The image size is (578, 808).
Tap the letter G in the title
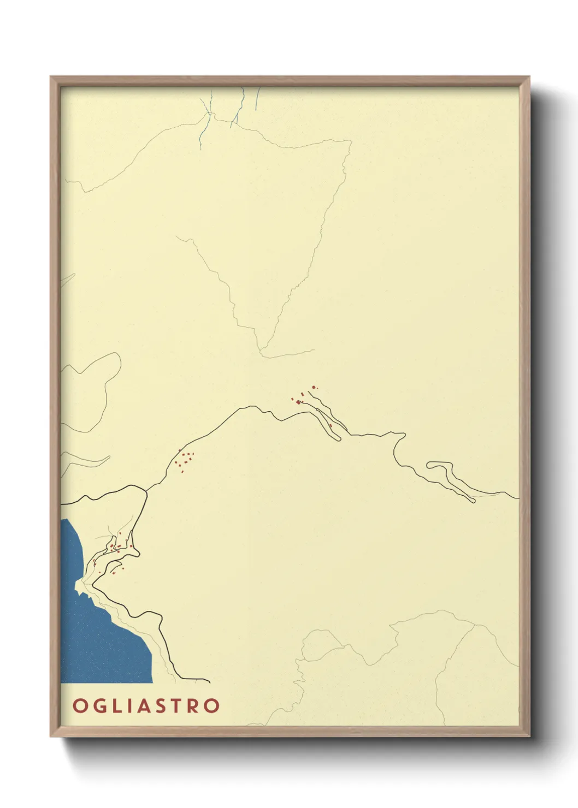[98, 705]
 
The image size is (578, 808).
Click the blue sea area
[98, 644]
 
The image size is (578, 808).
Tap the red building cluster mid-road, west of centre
[184, 460]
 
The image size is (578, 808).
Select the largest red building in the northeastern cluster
[298, 402]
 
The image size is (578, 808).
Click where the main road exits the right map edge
[517, 498]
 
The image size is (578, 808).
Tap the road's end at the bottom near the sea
[209, 681]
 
